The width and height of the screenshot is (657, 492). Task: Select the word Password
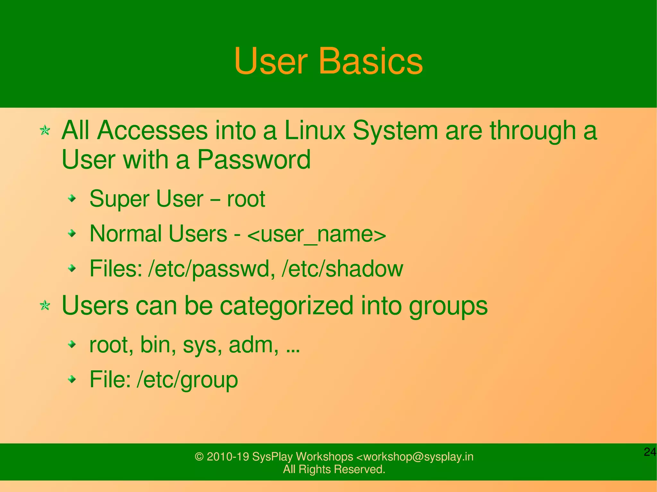coord(253,159)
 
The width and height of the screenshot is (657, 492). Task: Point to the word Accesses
coord(152,130)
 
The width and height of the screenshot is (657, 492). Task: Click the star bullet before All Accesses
coord(45,130)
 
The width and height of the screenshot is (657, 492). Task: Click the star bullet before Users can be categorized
coord(45,305)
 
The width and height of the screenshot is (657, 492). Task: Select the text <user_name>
coord(317,234)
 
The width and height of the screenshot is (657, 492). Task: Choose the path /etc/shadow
coord(342,269)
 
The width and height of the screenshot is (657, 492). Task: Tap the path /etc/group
coord(187,380)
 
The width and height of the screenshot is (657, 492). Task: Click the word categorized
coord(286,305)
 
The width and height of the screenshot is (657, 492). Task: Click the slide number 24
coord(650,452)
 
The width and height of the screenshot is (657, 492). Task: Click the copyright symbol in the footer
coord(199,456)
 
